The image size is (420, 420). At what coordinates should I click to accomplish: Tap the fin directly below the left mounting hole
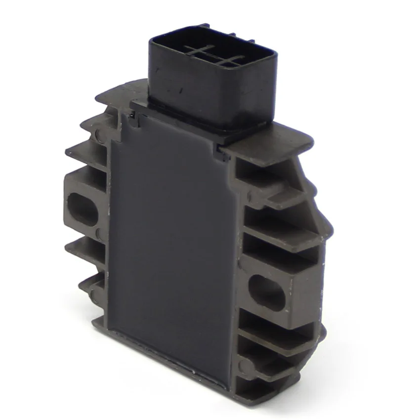pos(84,247)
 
